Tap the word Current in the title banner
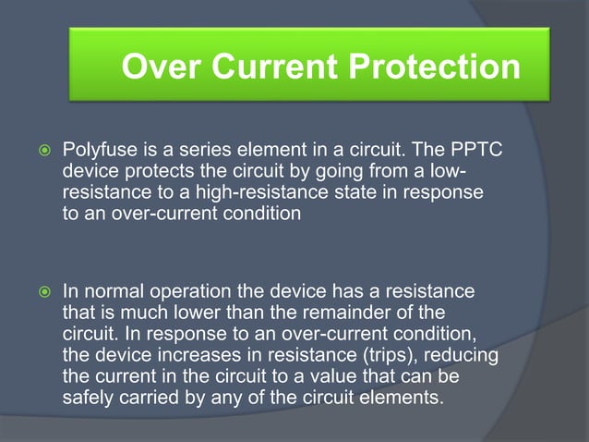click(279, 66)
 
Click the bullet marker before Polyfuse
click(38, 151)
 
